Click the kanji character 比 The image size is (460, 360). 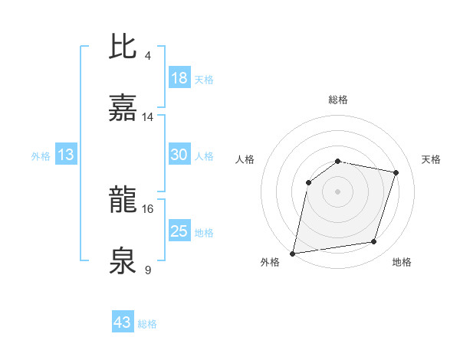(x=124, y=47)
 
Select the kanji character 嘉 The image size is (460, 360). (x=124, y=109)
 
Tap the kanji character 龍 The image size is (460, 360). (x=124, y=201)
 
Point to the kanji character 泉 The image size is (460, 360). (x=124, y=260)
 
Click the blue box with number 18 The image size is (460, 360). (x=179, y=78)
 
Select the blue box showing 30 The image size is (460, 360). (x=179, y=155)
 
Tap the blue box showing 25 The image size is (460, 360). (x=179, y=231)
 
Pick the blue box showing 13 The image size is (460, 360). (x=66, y=155)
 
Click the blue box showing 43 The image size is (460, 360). (x=123, y=322)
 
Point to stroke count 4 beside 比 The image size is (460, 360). (x=147, y=56)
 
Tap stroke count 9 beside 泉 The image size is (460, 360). (x=147, y=269)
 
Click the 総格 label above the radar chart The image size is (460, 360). (x=338, y=100)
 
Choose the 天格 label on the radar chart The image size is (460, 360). (x=431, y=159)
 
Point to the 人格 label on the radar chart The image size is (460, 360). (x=245, y=159)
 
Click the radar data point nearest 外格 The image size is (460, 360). (x=293, y=253)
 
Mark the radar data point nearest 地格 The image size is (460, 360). (x=374, y=242)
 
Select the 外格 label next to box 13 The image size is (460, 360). (x=41, y=155)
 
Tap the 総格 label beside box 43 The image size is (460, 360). (x=147, y=324)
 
